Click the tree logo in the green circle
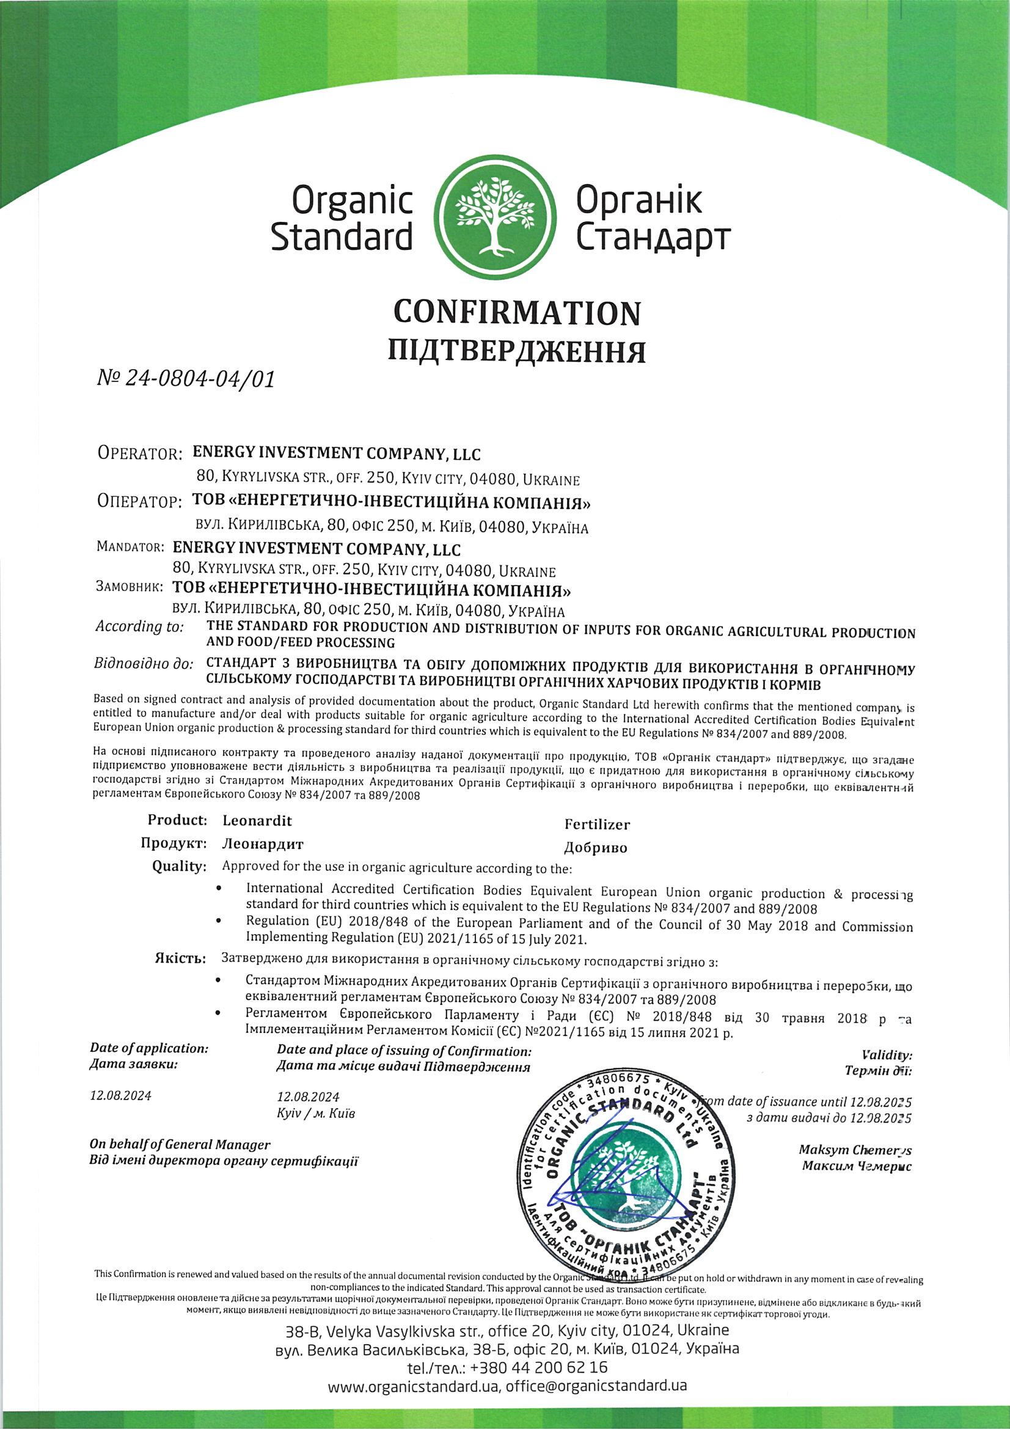pyautogui.click(x=496, y=216)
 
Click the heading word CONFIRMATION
pyautogui.click(x=516, y=312)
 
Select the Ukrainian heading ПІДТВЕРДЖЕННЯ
pyautogui.click(x=516, y=351)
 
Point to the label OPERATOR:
pyautogui.click(x=139, y=453)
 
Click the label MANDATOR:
pyautogui.click(x=130, y=547)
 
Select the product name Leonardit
pyautogui.click(x=257, y=820)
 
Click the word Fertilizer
pyautogui.click(x=597, y=825)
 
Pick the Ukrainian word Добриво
pyautogui.click(x=595, y=848)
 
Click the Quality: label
pyautogui.click(x=178, y=866)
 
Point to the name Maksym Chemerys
pyautogui.click(x=855, y=1150)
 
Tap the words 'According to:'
pyautogui.click(x=139, y=626)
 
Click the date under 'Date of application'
pyautogui.click(x=121, y=1095)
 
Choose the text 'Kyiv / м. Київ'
pyautogui.click(x=316, y=1113)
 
